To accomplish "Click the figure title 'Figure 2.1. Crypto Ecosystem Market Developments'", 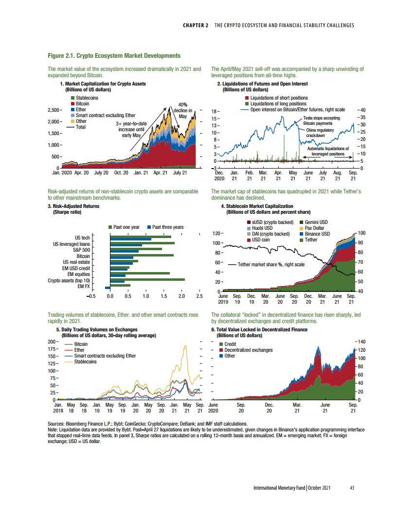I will pyautogui.click(x=114, y=56).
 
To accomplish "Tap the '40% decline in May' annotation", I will pyautogui.click(x=183, y=110).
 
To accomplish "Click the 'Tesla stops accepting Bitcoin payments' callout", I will pyautogui.click(x=322, y=120).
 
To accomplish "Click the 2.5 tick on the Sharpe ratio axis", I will pyautogui.click(x=199, y=295).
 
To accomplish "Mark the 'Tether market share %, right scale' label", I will pyautogui.click(x=271, y=265).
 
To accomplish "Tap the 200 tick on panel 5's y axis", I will pyautogui.click(x=52, y=342).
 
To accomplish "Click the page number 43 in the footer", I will pyautogui.click(x=352, y=488).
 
